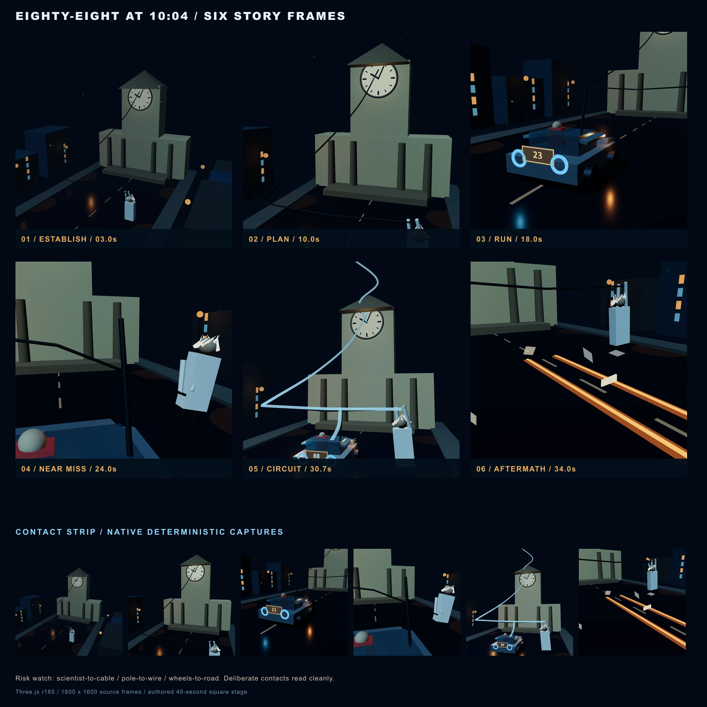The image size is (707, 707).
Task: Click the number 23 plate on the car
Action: [x=537, y=155]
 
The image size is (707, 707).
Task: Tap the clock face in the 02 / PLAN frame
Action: [x=379, y=79]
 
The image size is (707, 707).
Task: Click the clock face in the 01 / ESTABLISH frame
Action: [x=140, y=98]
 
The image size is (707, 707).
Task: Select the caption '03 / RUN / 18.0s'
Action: [x=509, y=239]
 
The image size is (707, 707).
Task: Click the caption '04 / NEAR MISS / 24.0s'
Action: [x=69, y=469]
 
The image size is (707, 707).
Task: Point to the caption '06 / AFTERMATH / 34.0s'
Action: [x=526, y=469]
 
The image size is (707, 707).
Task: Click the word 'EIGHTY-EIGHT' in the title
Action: [x=68, y=16]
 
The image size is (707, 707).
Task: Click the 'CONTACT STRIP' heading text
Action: [x=56, y=532]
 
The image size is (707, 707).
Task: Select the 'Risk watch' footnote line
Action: [x=175, y=678]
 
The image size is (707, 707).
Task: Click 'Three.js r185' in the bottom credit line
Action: [x=35, y=692]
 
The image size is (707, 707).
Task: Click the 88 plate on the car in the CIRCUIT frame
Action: [x=316, y=456]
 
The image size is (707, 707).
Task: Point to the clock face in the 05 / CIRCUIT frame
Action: [x=367, y=323]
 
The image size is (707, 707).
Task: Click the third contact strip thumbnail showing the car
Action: [x=294, y=602]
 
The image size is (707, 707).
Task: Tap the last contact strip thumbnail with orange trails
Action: [x=632, y=602]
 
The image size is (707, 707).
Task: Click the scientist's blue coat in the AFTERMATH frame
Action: [x=619, y=326]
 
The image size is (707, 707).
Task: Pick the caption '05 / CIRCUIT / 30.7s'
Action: [x=290, y=469]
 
